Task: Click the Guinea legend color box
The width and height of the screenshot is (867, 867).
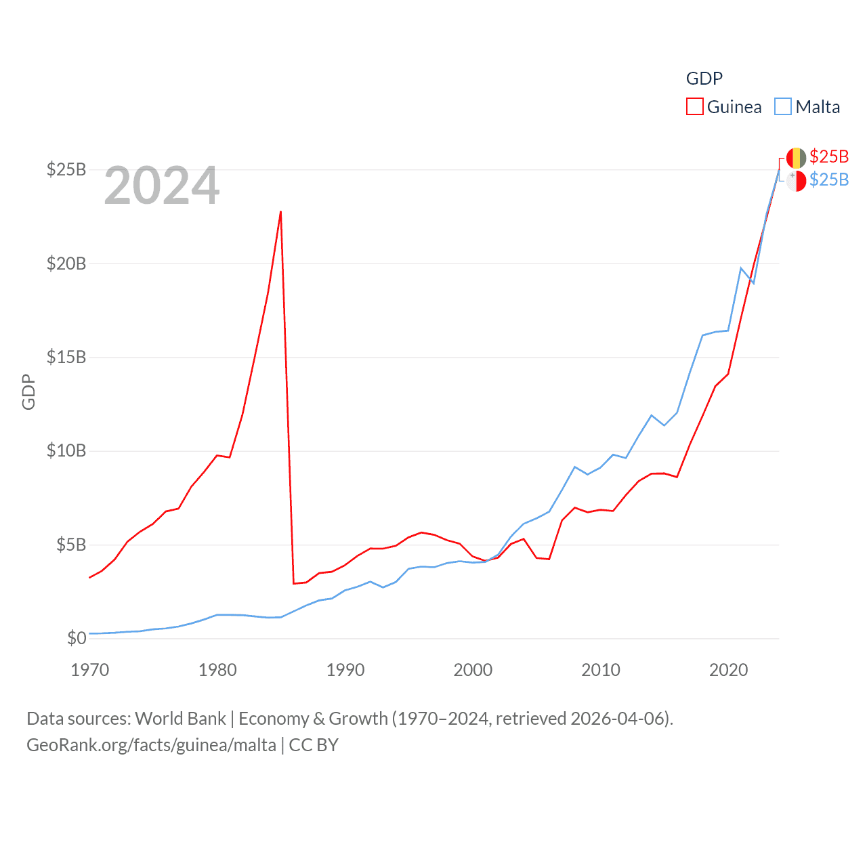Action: [695, 107]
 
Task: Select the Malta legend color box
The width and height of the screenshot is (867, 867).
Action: [783, 107]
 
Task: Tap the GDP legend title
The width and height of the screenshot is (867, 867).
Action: [704, 79]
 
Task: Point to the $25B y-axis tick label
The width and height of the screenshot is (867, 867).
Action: [66, 169]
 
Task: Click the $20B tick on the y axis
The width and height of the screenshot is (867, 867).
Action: [66, 263]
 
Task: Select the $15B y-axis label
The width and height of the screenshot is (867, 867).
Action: [66, 357]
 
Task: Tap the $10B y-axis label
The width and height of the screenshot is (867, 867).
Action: [66, 450]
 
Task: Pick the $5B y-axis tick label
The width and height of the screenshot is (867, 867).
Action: [71, 545]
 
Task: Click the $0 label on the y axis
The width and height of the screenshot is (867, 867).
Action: [77, 638]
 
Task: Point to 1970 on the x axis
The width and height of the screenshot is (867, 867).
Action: [90, 670]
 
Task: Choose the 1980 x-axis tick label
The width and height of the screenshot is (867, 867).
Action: [217, 670]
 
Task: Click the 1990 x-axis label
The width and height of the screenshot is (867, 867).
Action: [345, 670]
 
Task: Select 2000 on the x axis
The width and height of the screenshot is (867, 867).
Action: [473, 670]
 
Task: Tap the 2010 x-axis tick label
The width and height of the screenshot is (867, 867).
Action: [601, 670]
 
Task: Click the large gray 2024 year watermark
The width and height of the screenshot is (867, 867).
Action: [162, 186]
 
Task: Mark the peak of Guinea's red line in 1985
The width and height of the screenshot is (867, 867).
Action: [280, 211]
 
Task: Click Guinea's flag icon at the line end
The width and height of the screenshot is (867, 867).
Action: [796, 158]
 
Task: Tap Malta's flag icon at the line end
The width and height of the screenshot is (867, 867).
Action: [796, 181]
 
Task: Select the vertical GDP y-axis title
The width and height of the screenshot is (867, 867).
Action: [28, 392]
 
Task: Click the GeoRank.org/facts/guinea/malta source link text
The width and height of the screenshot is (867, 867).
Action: [151, 745]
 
